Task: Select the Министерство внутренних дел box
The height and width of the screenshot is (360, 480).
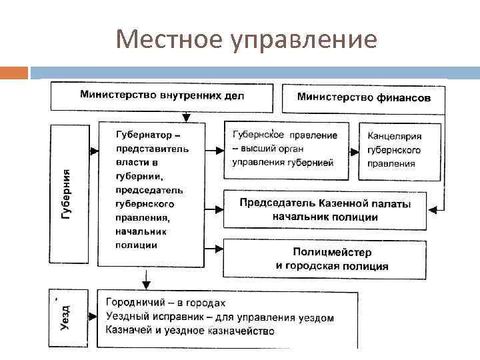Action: [x=162, y=96]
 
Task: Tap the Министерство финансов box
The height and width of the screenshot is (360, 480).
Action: [x=363, y=98]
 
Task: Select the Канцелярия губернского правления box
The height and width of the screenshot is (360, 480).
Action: [x=399, y=151]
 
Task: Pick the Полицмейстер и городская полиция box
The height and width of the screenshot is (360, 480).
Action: [x=325, y=259]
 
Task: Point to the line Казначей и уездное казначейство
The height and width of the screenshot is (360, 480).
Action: [x=190, y=331]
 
